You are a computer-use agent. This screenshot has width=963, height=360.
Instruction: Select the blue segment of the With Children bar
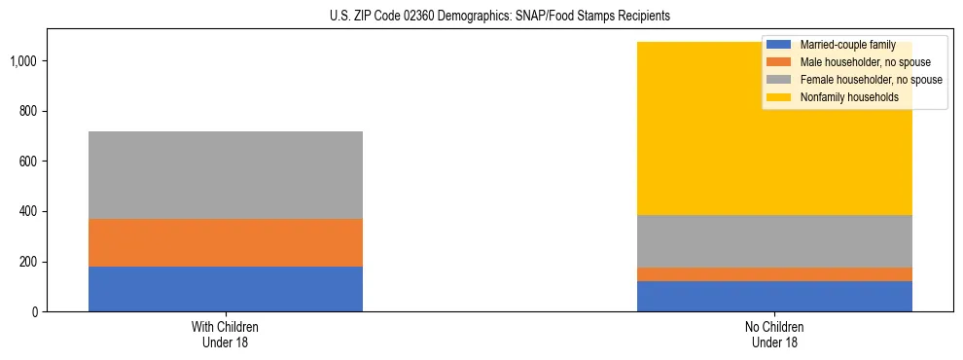pos(226,289)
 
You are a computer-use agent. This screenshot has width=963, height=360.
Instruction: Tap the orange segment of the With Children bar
pos(226,242)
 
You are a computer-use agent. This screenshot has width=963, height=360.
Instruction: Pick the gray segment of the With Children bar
pos(226,175)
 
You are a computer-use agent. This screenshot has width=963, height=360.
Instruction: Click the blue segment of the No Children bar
pos(774,296)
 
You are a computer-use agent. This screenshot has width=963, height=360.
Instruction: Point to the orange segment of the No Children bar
pos(774,274)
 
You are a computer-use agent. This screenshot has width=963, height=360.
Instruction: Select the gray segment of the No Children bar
pos(774,241)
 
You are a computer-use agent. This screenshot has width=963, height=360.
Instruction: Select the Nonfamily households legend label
pos(842,97)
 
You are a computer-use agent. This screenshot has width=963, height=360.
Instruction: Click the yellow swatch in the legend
pos(779,97)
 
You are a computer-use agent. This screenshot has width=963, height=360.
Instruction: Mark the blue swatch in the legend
pos(779,45)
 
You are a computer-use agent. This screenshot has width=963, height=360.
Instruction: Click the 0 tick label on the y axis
pos(34,312)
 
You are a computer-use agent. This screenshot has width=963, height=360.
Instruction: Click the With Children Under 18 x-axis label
pos(226,335)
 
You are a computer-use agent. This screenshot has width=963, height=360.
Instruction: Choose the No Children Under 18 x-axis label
pos(774,335)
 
